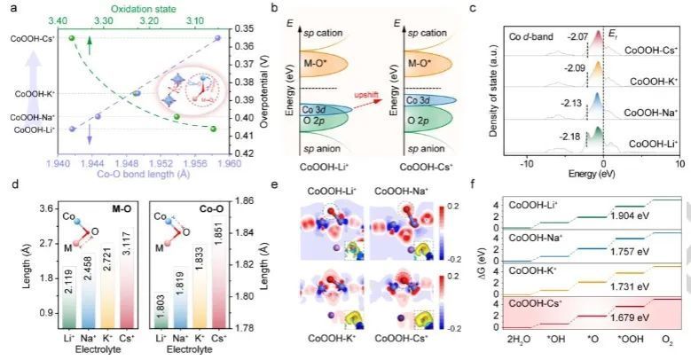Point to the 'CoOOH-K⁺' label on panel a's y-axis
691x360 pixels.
[30, 93]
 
